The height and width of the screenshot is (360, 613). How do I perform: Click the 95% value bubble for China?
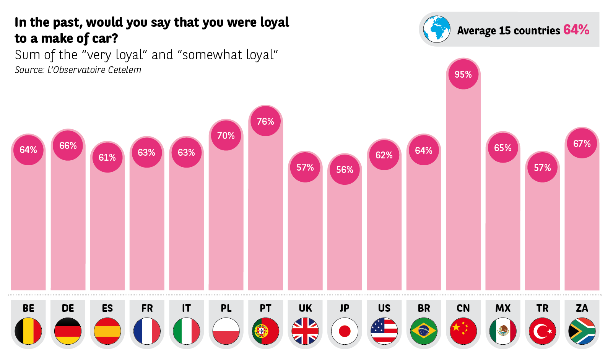point(463,74)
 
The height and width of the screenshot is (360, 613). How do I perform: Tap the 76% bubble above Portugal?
point(265,121)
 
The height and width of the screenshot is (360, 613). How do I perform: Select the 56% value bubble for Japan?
point(345,169)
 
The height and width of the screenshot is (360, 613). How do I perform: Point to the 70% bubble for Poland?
point(226,135)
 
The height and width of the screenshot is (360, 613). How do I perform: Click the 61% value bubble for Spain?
point(107,157)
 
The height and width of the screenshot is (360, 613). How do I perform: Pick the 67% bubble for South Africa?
point(582,143)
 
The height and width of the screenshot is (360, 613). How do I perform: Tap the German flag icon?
point(68,331)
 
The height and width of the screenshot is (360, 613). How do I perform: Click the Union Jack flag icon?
point(305,331)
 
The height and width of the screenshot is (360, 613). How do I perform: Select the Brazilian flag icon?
point(424,331)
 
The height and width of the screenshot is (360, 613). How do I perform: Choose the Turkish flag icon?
point(542,331)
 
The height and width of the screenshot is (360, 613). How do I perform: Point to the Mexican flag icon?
point(503,331)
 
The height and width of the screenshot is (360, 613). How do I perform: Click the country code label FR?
point(147,308)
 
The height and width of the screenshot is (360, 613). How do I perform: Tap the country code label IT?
point(186,308)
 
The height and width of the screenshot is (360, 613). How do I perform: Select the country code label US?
point(384,308)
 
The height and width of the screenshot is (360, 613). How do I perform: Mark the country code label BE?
point(28,308)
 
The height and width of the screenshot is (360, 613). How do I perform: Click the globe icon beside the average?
point(437,29)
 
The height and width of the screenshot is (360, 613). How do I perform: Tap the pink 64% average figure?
point(576,30)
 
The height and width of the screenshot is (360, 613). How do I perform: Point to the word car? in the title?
point(105,39)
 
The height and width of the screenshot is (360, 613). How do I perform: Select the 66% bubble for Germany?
point(68,145)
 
